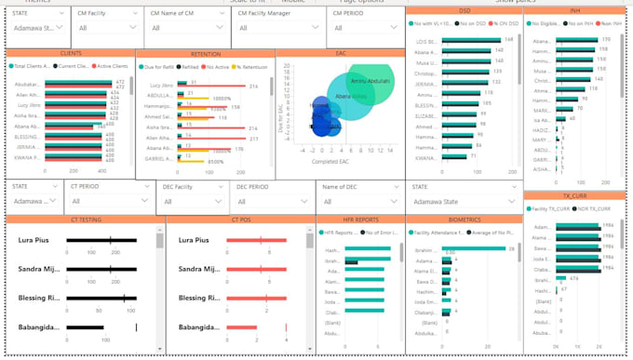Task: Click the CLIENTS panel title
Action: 70,54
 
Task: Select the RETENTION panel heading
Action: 205,55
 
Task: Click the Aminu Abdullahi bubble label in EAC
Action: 370,81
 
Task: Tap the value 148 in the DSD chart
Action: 508,40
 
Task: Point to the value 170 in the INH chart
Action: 605,40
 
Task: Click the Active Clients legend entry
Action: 113,67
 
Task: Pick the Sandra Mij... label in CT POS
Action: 199,269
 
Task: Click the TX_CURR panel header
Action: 578,196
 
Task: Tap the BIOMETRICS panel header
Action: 464,220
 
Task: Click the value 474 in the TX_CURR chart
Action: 574,278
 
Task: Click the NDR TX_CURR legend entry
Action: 595,209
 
